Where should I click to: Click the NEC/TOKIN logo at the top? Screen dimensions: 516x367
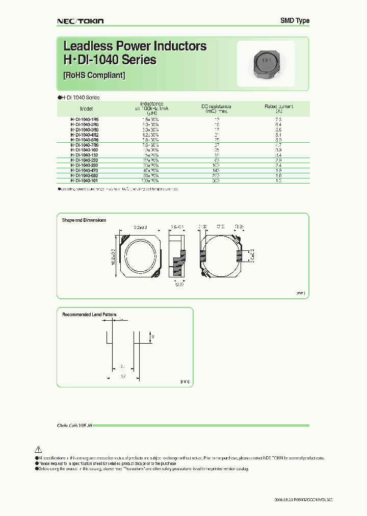point(80,21)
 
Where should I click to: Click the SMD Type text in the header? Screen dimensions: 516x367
point(295,20)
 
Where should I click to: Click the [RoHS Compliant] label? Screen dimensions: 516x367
point(94,75)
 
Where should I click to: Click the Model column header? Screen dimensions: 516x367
point(86,109)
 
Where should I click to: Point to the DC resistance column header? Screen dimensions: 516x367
point(216,108)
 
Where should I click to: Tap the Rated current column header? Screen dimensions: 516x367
point(279,108)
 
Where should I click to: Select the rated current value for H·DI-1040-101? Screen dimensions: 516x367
point(279,180)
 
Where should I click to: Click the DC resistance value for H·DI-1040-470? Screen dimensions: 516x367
point(216,170)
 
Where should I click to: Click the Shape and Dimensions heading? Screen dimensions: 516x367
point(84,220)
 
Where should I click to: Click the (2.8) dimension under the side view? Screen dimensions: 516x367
point(179,285)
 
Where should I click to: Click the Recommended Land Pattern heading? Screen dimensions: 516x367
point(89,315)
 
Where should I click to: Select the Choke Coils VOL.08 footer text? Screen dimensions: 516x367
point(73,425)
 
